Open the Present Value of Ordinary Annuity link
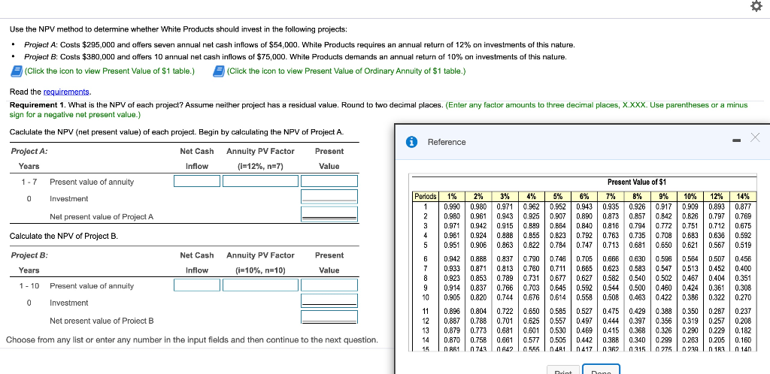[345, 71]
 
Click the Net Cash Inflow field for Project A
[197, 181]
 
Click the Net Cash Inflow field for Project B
[197, 285]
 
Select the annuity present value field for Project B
[328, 285]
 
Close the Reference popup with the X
[755, 137]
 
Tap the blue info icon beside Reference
[412, 142]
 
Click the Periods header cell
[426, 196]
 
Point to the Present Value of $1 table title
[636, 182]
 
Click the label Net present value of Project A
[102, 217]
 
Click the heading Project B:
[29, 255]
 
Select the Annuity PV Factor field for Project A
[261, 181]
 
